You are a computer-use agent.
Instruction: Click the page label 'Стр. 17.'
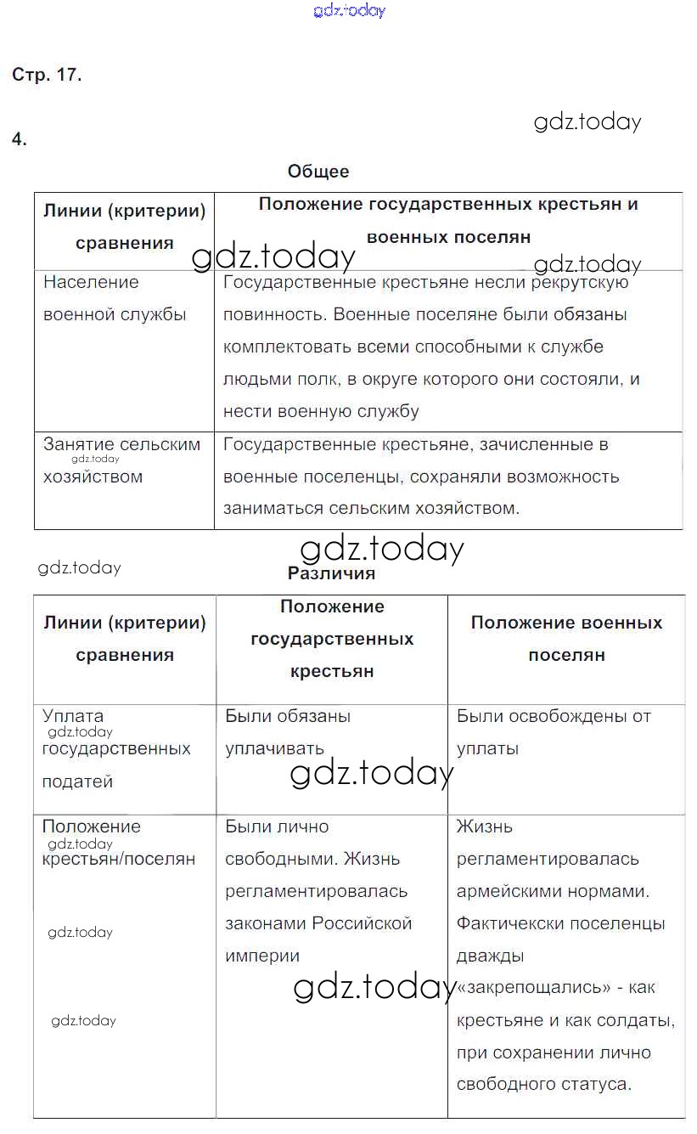click(47, 75)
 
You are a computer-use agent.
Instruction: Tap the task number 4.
click(20, 140)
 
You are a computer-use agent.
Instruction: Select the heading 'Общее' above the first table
click(318, 172)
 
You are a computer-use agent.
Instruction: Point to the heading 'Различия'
click(331, 573)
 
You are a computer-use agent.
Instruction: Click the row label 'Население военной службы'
click(115, 298)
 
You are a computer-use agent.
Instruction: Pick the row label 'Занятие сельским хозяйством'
click(121, 460)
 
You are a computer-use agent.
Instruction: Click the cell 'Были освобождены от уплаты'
click(554, 732)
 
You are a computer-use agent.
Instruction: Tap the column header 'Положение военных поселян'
click(566, 639)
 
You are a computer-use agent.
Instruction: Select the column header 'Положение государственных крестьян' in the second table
click(332, 639)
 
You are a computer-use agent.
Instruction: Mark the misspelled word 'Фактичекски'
click(504, 923)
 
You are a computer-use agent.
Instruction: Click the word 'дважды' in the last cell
click(490, 956)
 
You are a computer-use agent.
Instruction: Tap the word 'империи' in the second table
click(262, 956)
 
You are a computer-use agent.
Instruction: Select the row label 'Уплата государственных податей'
click(116, 748)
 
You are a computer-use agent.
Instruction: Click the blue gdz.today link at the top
click(349, 11)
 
